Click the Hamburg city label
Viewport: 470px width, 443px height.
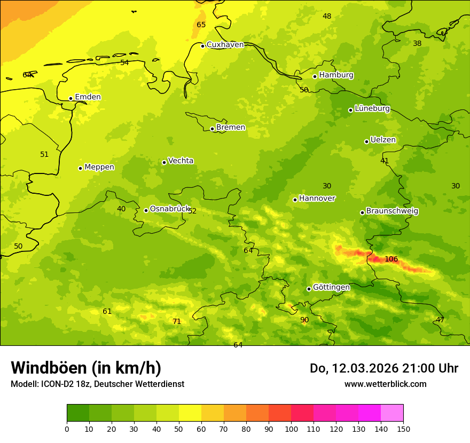(336, 75)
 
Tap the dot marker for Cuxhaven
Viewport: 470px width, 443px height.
(202, 46)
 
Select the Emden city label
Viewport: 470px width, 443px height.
(88, 97)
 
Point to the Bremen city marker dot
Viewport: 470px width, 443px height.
(212, 129)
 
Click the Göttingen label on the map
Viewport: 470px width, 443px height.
(331, 287)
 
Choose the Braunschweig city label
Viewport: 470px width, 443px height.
(392, 211)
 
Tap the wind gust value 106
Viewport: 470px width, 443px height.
(391, 259)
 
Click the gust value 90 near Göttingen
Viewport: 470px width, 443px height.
(304, 320)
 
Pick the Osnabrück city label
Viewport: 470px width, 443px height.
(170, 209)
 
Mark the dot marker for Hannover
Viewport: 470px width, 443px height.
(295, 200)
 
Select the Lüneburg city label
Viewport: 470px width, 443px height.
(372, 108)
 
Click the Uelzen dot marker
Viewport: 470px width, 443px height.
(366, 141)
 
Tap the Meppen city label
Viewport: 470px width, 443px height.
(99, 167)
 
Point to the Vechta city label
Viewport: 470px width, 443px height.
(181, 161)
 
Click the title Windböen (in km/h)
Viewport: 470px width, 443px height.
(86, 368)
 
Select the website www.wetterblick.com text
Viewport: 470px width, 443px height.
(385, 384)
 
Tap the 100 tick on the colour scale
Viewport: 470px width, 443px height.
(291, 429)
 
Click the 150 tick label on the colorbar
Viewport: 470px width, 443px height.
(403, 429)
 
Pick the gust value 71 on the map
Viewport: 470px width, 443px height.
(177, 321)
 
